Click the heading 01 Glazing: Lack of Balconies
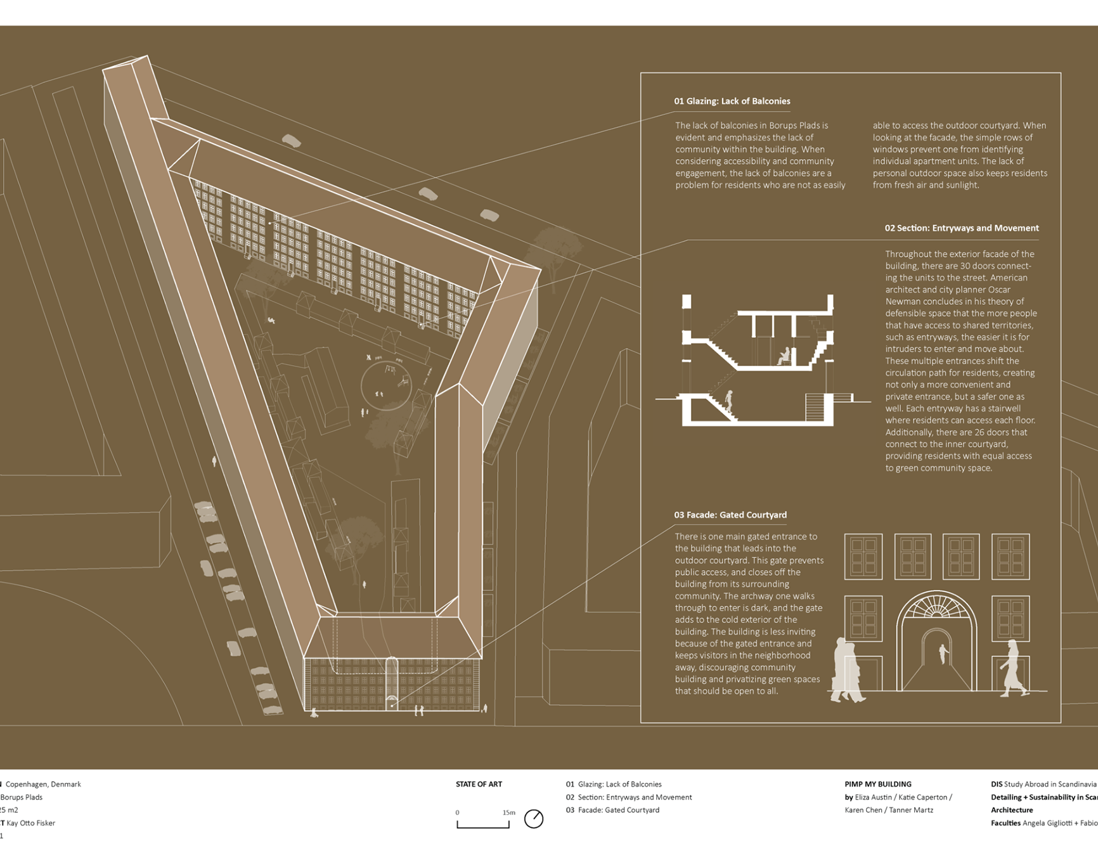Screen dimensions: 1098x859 coord(732,101)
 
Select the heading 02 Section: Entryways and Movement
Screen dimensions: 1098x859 coord(961,228)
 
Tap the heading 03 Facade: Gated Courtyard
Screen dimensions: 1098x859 coord(730,515)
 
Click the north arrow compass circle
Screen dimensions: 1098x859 coord(534,819)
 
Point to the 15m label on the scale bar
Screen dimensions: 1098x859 coord(508,813)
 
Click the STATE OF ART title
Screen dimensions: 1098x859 coord(479,784)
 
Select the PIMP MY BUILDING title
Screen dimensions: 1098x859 coord(877,784)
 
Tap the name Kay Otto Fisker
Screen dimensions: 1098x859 coord(30,823)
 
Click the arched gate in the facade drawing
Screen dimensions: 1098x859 coord(936,643)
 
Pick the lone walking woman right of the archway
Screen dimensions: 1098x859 coord(1012,669)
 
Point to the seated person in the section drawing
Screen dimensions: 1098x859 coord(785,356)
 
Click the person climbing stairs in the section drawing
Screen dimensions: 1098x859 coord(729,401)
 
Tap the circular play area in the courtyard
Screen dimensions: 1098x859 coord(386,385)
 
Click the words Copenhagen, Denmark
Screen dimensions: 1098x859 coord(43,784)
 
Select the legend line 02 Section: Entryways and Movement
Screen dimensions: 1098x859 coord(628,798)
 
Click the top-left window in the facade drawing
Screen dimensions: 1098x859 coord(863,556)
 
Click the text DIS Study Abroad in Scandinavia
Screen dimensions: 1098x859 coord(1043,784)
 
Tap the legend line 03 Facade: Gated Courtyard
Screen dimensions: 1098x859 coord(612,810)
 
